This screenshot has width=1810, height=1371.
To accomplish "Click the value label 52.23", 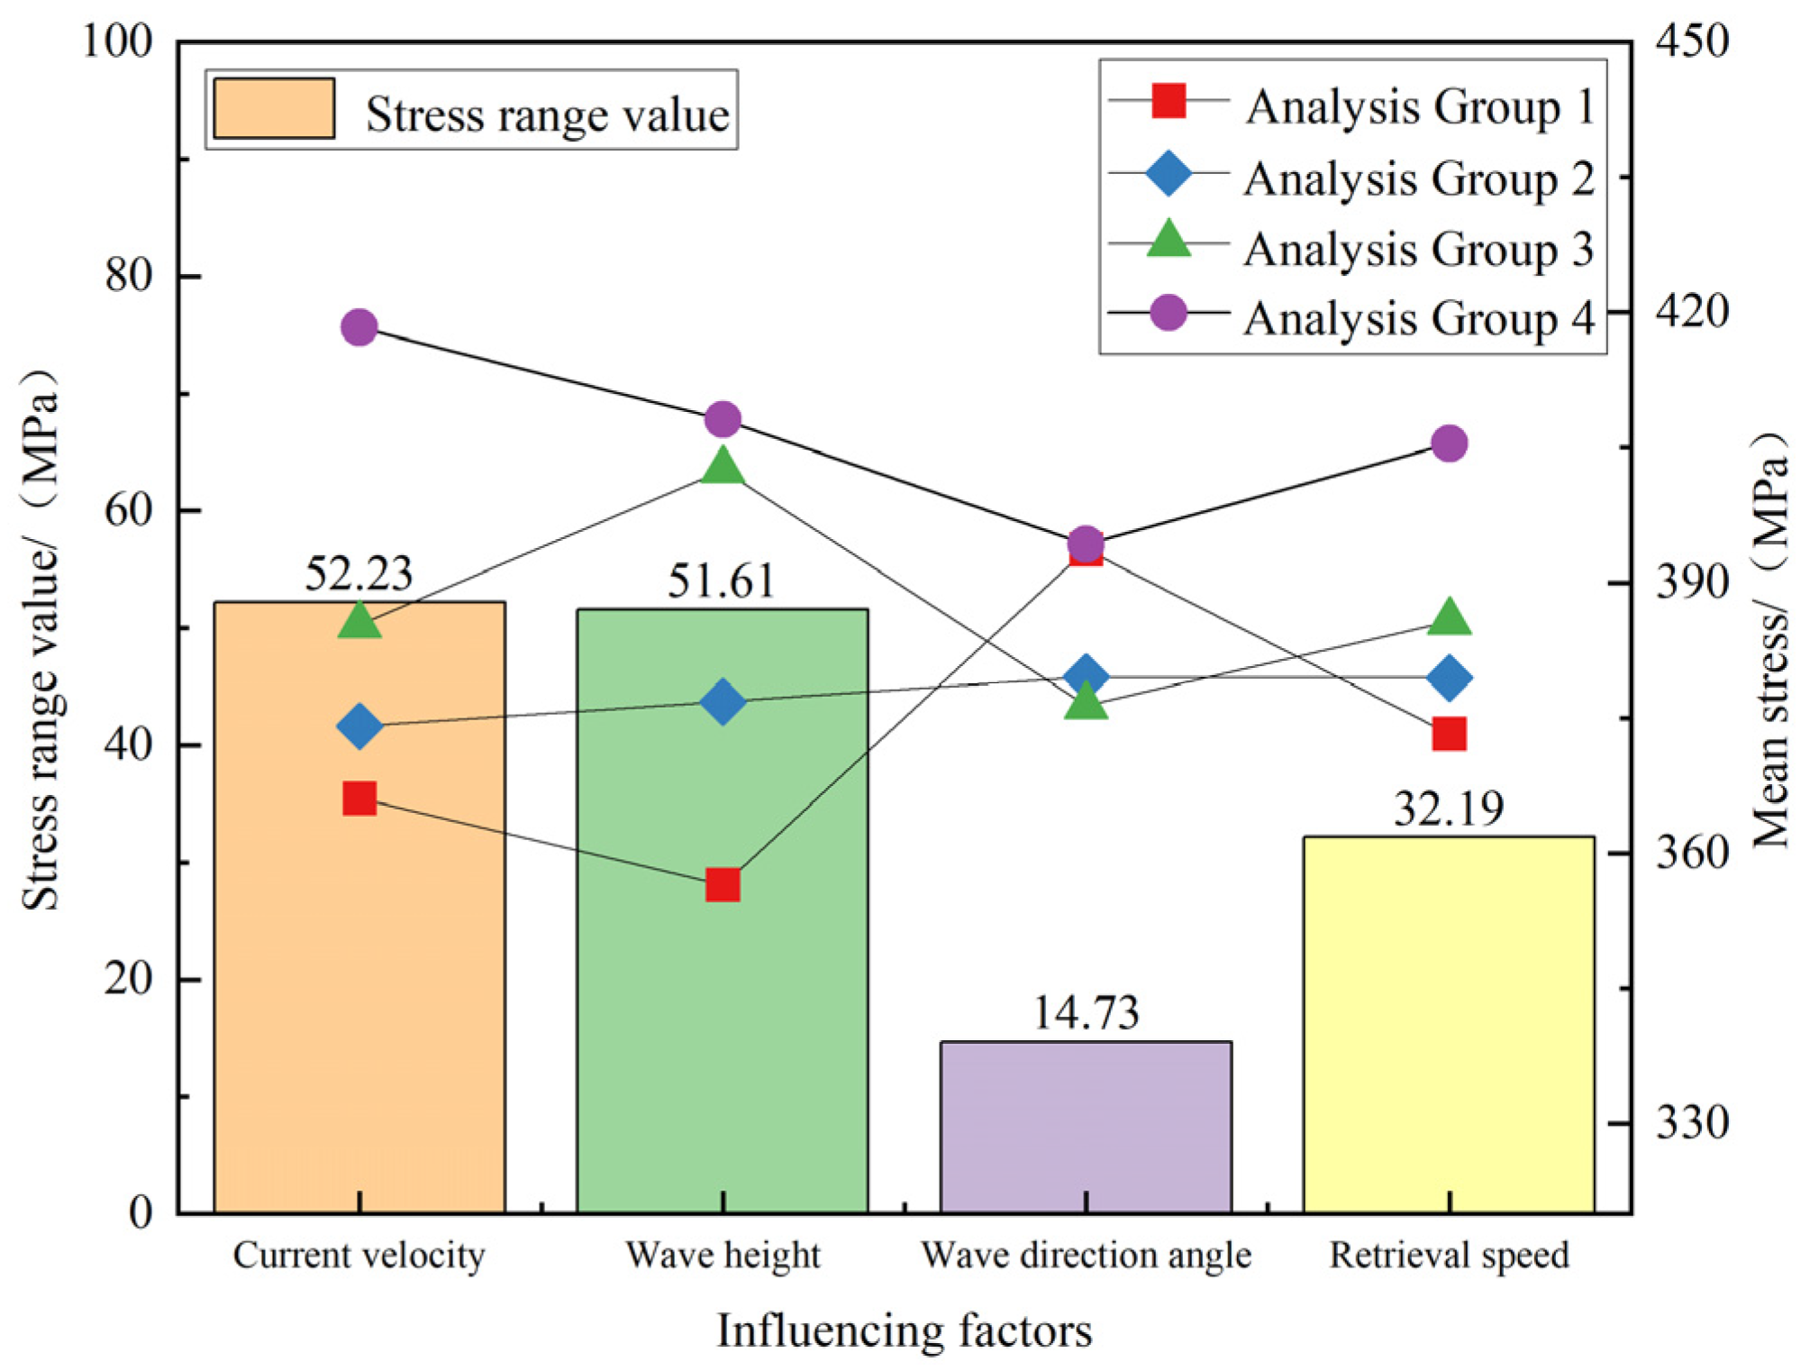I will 359,574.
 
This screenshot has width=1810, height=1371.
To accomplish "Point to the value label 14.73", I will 1086,1013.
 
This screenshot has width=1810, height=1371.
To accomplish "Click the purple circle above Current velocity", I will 359,327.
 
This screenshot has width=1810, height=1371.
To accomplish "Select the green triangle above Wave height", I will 723,467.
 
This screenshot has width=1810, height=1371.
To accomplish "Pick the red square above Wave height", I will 723,885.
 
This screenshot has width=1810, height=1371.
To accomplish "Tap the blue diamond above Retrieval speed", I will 1449,678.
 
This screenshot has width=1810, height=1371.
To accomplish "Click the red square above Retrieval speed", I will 1449,734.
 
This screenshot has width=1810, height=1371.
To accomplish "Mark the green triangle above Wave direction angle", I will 1086,701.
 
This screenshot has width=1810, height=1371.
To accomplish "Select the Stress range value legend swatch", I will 274,108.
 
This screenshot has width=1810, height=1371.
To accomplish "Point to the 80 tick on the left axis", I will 128,275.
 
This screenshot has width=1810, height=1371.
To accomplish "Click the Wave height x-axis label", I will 723,1256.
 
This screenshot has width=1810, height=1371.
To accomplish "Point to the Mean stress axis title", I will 1770,640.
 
